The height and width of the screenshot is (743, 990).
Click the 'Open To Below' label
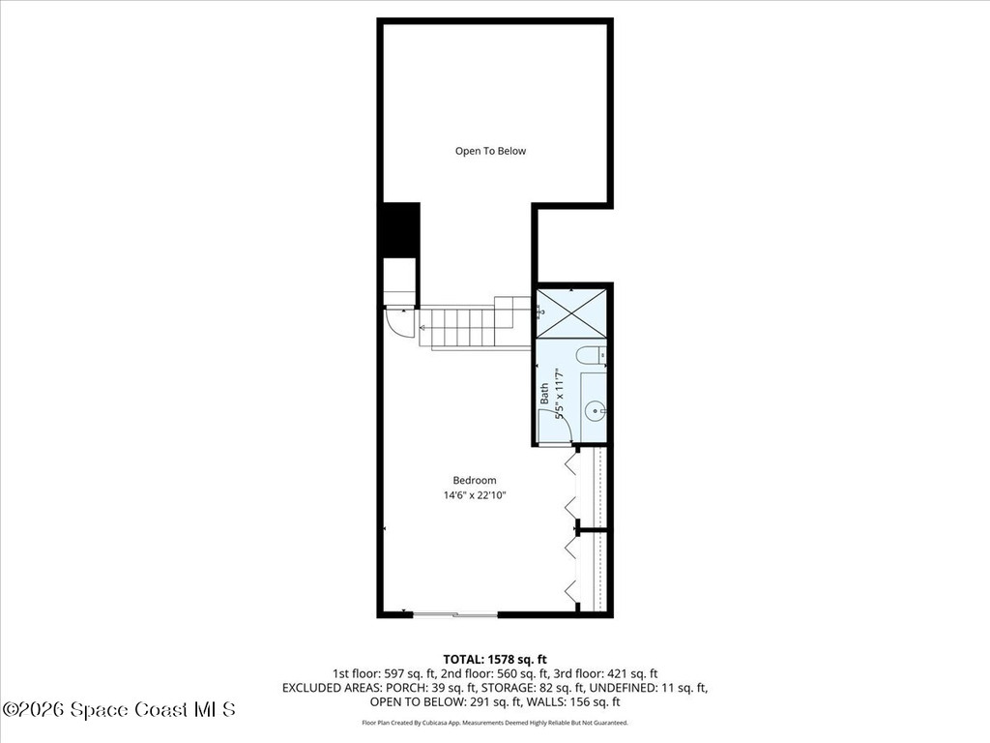491,151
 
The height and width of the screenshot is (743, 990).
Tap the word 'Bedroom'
475,481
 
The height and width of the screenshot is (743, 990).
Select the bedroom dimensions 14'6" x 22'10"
475,495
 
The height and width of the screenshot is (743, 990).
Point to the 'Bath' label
544,394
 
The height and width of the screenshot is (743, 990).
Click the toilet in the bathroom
590,356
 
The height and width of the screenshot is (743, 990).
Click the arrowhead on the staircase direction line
422,328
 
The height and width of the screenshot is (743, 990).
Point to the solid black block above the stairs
400,229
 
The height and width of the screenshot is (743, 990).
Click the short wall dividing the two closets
591,531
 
